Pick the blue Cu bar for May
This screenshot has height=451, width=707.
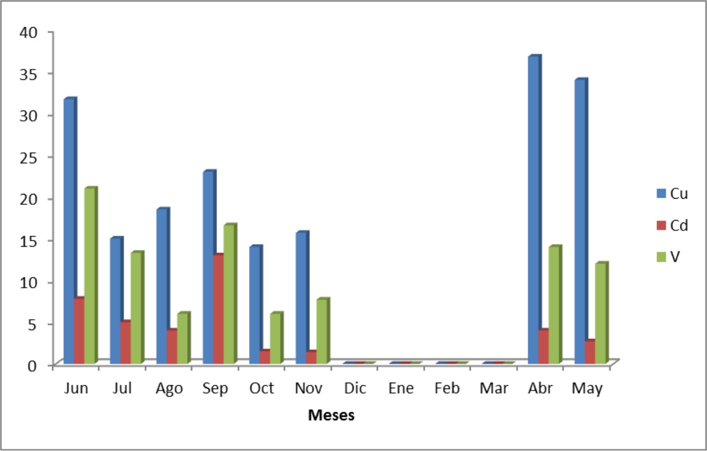579,222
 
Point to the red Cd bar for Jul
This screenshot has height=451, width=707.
125,343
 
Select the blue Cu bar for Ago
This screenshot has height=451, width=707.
162,286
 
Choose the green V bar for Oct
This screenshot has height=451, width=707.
275,338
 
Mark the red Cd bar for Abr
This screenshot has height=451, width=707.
543,347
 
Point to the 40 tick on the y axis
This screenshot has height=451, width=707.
29,32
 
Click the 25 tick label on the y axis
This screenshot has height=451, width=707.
29,157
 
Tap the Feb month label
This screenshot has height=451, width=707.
447,388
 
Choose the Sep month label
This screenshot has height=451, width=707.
215,388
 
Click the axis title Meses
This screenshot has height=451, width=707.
331,416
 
